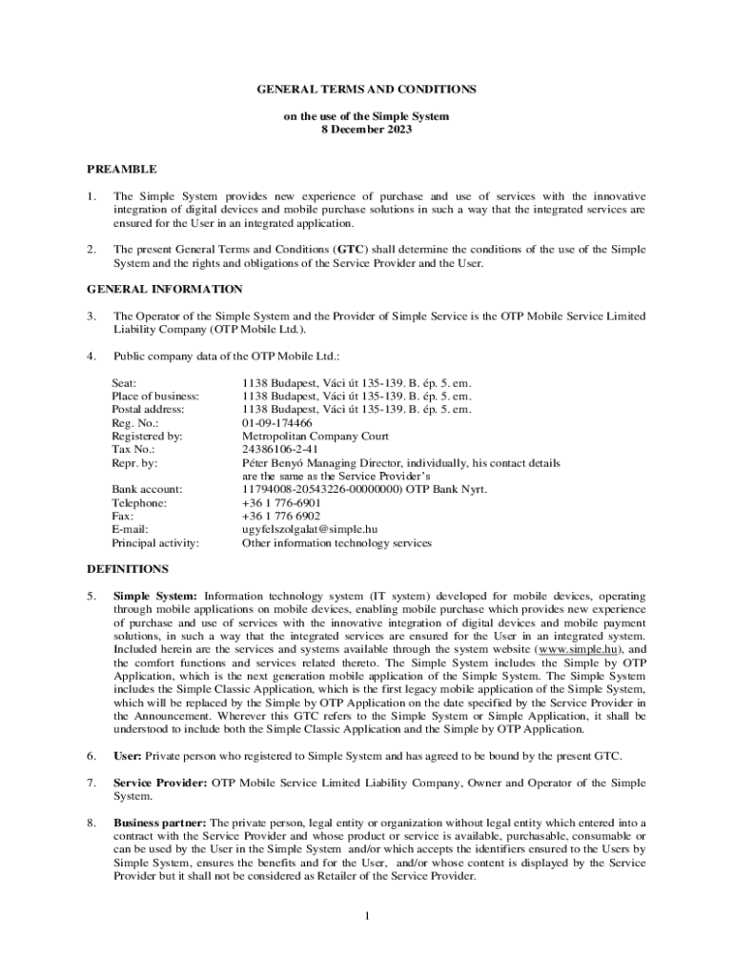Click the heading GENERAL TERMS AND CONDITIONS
[367, 89]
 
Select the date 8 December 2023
[367, 129]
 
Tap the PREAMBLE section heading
[122, 169]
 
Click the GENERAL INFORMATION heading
[165, 289]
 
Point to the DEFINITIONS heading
[128, 569]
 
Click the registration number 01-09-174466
[276, 422]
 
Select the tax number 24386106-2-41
[280, 449]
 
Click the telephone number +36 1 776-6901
[281, 502]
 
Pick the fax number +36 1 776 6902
[281, 516]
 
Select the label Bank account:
[147, 489]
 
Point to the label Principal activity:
[155, 542]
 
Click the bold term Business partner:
[159, 823]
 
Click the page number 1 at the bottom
[367, 916]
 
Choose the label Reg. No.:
[135, 422]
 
